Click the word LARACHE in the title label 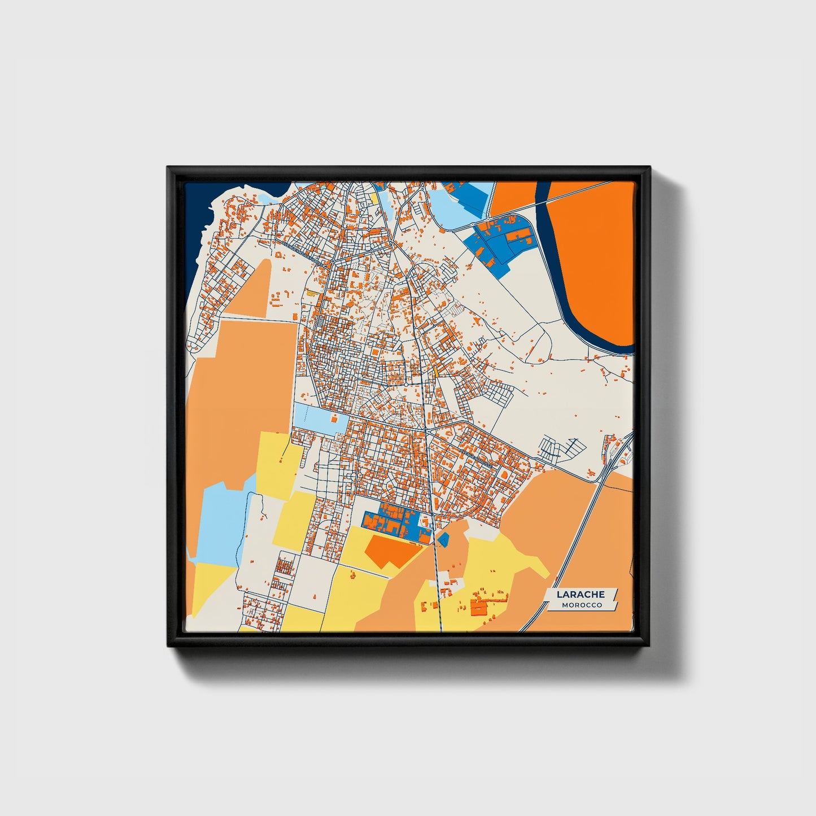tap(581, 594)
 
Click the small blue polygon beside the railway tap(443, 539)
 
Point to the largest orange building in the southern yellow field tap(478, 608)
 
